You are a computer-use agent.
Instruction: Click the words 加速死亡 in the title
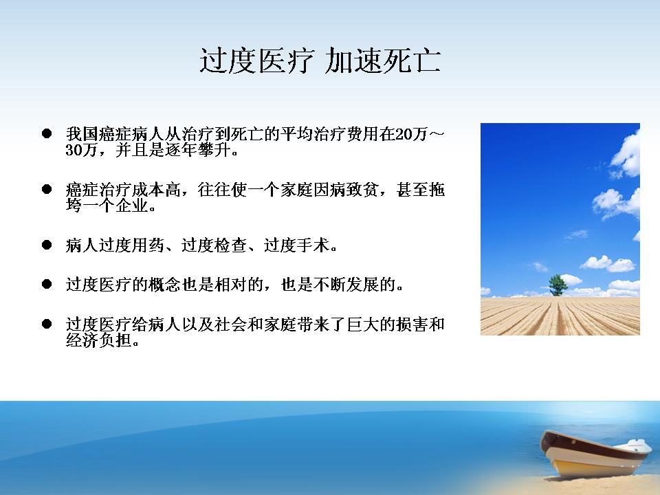coord(383,61)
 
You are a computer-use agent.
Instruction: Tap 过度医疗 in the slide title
coord(257,61)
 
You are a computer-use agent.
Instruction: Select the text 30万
coord(82,150)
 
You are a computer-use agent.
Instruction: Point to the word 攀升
coord(214,150)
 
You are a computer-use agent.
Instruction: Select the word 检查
coord(231,245)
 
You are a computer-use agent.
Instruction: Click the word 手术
coord(313,245)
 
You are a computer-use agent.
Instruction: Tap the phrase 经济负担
coord(98,340)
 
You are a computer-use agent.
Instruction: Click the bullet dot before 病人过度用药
coord(47,245)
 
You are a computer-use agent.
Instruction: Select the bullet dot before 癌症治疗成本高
coord(47,189)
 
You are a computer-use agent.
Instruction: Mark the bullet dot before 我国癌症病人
coord(47,134)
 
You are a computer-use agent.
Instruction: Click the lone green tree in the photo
coord(558,285)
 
